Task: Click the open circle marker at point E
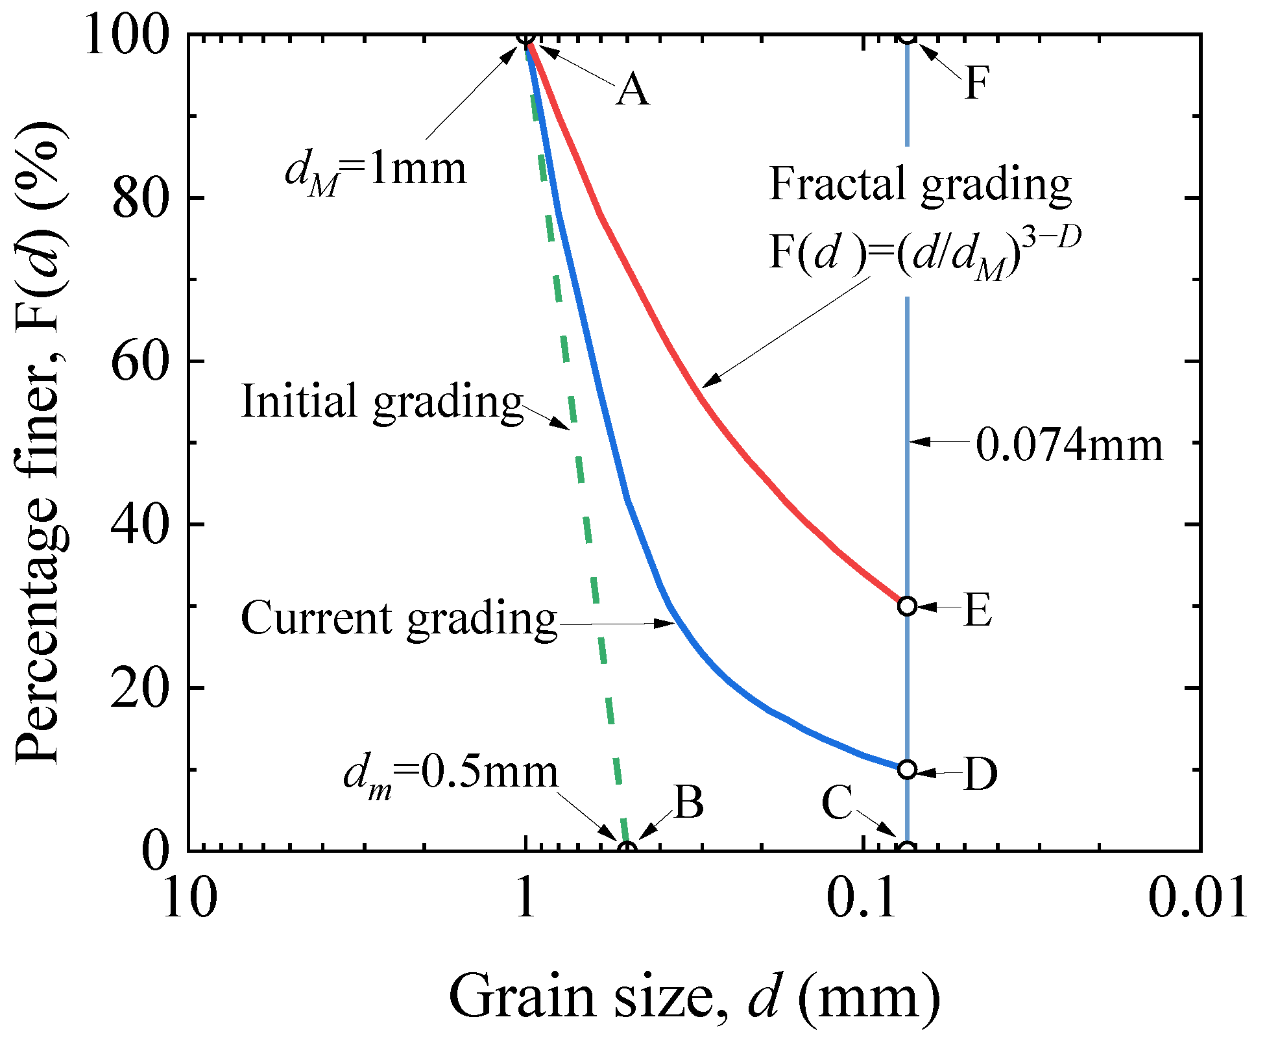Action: click(x=907, y=606)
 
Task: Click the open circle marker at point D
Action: click(x=907, y=769)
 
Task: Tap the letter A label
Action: click(x=633, y=90)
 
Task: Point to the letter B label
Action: click(x=689, y=802)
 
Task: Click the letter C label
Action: click(x=837, y=803)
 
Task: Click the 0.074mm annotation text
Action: click(x=1069, y=445)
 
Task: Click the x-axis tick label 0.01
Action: click(x=1197, y=898)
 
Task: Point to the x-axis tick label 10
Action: click(x=189, y=898)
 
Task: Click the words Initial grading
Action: click(x=381, y=402)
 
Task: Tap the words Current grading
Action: click(x=398, y=619)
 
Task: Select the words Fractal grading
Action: click(x=919, y=186)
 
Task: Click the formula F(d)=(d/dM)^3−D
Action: click(x=924, y=253)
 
